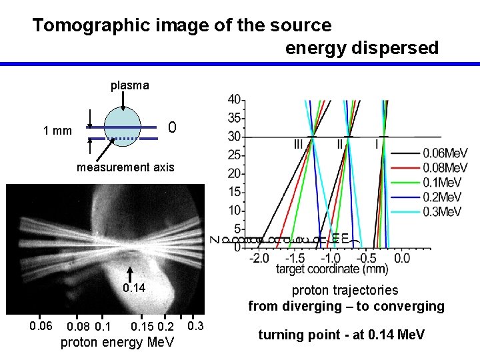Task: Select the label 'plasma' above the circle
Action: point(130,85)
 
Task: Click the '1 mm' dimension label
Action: point(57,131)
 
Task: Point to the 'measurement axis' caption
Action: point(125,167)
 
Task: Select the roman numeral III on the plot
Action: point(298,144)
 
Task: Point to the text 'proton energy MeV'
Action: point(117,343)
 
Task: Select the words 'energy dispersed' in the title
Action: point(362,48)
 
